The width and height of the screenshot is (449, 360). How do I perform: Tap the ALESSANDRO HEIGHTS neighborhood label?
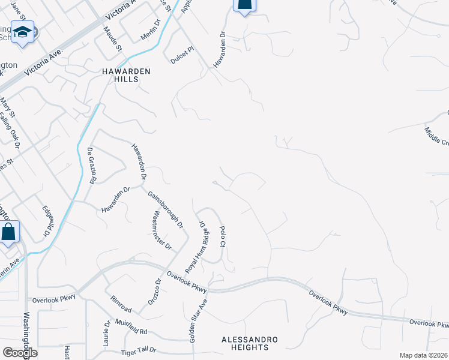coord(249,343)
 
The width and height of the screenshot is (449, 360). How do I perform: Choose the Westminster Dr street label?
coord(162,231)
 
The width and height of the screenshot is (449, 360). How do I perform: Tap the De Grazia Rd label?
coord(92,165)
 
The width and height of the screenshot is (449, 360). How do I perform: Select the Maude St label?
coord(112,39)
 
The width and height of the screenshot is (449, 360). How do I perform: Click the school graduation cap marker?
coord(23,32)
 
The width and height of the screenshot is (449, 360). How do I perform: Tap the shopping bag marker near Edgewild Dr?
coord(9,230)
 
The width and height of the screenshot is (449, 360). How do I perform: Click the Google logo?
coord(20,352)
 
